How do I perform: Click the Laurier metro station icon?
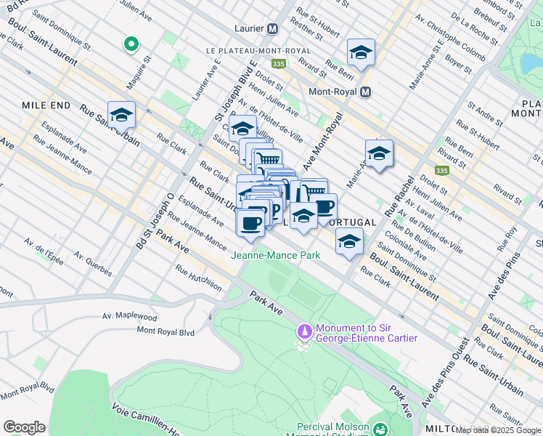pos(273,29)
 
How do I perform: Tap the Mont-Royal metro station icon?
pos(366,92)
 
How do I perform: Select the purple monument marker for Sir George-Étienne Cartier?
pos(305,331)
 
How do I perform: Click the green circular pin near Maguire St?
pos(131,45)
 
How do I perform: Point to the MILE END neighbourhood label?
pos(46,105)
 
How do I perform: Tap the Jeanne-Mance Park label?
pos(275,255)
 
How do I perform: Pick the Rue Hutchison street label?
pos(198,278)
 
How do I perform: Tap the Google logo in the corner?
pos(25,427)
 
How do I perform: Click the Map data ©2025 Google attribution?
pos(498,430)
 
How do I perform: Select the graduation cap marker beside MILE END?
pos(121,115)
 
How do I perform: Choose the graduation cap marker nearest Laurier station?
pos(361,52)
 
